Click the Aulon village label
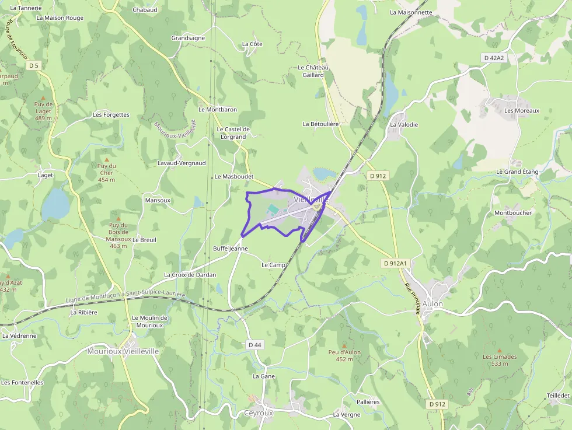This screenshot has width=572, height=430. click(433, 304)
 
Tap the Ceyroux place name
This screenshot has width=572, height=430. click(258, 412)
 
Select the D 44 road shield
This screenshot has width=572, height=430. click(254, 345)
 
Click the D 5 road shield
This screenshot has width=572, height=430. click(33, 65)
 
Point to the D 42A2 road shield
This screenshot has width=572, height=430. click(493, 58)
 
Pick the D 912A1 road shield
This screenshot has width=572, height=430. click(395, 264)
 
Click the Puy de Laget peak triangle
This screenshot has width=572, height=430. click(43, 98)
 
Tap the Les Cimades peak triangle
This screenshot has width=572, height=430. click(499, 351)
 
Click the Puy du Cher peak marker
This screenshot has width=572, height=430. click(106, 159)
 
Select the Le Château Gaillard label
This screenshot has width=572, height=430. click(313, 71)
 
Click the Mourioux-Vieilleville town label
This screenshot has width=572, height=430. click(123, 351)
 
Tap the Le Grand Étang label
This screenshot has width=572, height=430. click(517, 172)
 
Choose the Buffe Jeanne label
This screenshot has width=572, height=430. click(231, 249)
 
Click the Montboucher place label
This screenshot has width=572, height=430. click(513, 213)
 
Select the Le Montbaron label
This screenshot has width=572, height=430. click(218, 110)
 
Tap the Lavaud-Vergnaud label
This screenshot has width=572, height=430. click(182, 163)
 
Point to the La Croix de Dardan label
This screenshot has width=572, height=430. click(190, 275)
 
